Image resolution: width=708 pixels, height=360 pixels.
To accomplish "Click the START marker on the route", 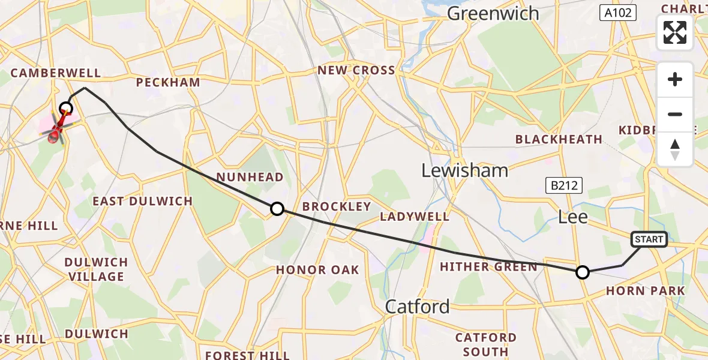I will click(649, 240).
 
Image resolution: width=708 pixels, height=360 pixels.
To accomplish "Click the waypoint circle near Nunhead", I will click(277, 209).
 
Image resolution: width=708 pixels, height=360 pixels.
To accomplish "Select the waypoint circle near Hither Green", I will click(582, 273).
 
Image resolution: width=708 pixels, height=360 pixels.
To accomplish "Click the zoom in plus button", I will click(675, 80).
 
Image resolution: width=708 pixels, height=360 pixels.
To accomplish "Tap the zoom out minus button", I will click(675, 114).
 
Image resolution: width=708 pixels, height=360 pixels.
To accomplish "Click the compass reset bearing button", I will click(675, 149).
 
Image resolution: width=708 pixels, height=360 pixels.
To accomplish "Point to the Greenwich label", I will click(493, 13).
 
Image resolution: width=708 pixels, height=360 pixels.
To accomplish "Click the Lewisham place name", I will click(464, 170).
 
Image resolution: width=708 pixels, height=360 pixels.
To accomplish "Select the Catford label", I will click(417, 307).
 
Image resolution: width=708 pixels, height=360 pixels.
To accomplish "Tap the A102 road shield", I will click(618, 13).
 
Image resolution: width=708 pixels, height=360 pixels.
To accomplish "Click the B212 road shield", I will click(565, 185).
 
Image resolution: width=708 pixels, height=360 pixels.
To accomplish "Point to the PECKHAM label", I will click(168, 82).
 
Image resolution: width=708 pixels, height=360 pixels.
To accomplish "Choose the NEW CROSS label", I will click(356, 70).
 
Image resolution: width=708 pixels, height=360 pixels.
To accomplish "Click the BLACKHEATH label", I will click(559, 139).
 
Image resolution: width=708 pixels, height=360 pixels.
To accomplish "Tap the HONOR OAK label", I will click(317, 270).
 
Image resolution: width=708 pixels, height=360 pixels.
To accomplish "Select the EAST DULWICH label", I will click(142, 201).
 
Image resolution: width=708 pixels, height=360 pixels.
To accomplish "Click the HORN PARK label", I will click(645, 291).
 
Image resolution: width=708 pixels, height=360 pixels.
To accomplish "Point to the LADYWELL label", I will click(415, 216).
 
